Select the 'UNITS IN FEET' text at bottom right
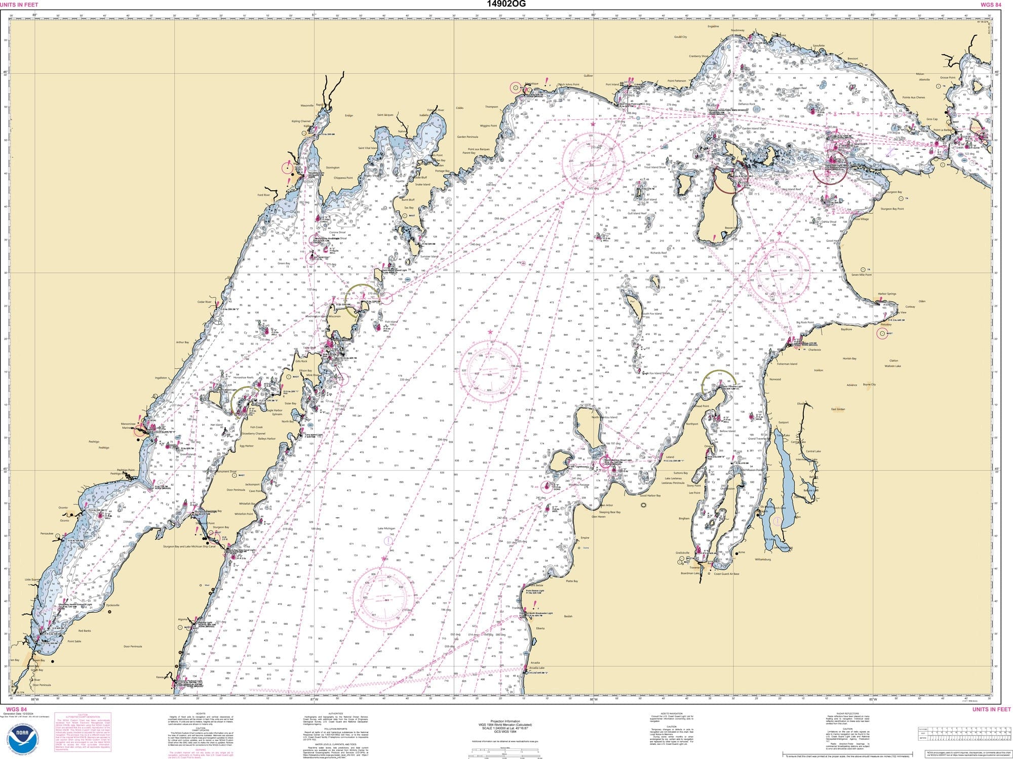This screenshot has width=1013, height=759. tap(991, 709)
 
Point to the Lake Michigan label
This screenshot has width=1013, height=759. tap(386, 528)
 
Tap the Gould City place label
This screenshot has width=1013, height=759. tap(680, 37)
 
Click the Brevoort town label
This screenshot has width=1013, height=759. tap(852, 59)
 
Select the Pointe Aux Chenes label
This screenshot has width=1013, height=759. tap(913, 97)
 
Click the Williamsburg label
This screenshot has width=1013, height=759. tap(762, 559)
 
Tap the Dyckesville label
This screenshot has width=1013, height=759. tap(113, 605)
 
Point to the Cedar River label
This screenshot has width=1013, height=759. tap(204, 302)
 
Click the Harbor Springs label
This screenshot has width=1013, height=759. tap(887, 294)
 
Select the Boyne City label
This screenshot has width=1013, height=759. tap(869, 384)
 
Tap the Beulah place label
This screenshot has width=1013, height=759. tap(568, 616)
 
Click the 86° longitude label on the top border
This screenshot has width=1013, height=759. tap(593, 15)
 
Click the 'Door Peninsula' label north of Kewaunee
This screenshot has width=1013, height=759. tap(133, 646)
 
